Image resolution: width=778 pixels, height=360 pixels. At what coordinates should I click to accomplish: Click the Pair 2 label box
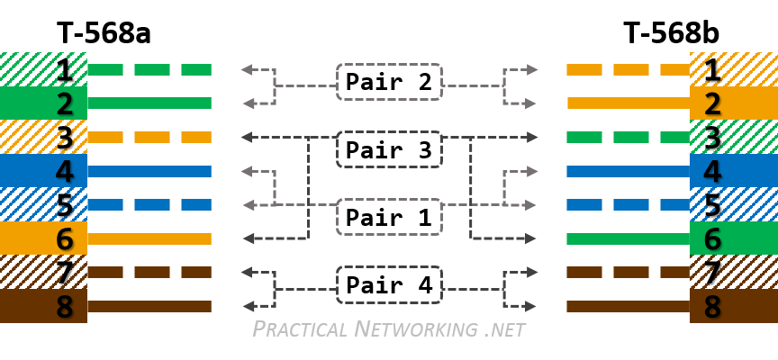pyautogui.click(x=389, y=82)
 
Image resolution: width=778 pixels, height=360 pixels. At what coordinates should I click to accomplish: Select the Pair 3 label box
pyautogui.click(x=389, y=149)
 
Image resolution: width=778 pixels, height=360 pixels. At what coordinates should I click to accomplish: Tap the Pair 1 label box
pyautogui.click(x=389, y=217)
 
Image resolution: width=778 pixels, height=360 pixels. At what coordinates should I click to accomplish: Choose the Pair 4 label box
pyautogui.click(x=389, y=284)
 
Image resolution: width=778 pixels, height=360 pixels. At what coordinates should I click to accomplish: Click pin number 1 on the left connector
pyautogui.click(x=64, y=69)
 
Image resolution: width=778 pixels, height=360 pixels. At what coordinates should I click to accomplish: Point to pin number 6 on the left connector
pyautogui.click(x=64, y=238)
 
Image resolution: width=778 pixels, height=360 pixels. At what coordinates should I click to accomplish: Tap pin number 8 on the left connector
pyautogui.click(x=64, y=306)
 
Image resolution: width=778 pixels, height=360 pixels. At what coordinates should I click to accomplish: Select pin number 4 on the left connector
pyautogui.click(x=64, y=171)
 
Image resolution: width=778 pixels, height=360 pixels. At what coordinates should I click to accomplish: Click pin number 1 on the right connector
pyautogui.click(x=712, y=69)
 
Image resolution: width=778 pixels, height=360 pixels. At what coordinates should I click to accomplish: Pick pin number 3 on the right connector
pyautogui.click(x=712, y=138)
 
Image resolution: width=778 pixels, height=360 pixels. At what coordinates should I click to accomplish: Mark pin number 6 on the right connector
pyautogui.click(x=712, y=238)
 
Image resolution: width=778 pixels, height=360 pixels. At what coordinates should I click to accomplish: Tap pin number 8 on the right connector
pyautogui.click(x=712, y=306)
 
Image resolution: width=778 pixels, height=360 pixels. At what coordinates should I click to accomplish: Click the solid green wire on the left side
pyautogui.click(x=149, y=103)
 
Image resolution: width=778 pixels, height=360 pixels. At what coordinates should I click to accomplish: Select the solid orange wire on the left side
pyautogui.click(x=149, y=238)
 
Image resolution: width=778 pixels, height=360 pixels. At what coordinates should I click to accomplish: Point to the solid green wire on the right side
pyautogui.click(x=628, y=238)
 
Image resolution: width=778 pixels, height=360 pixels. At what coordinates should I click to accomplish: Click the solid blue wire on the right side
pyautogui.click(x=628, y=171)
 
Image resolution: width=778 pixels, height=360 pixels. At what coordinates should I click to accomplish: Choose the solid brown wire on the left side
pyautogui.click(x=149, y=306)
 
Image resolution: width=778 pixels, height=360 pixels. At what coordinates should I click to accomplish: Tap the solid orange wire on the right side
pyautogui.click(x=628, y=103)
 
